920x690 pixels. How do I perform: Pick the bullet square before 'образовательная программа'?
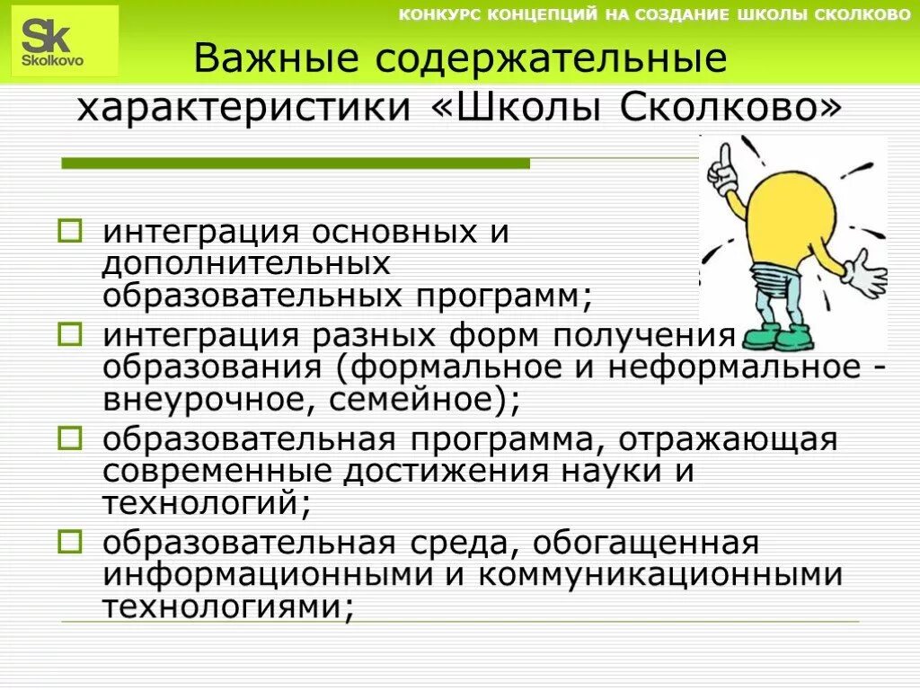(x=70, y=440)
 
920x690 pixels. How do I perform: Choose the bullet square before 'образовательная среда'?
(x=70, y=543)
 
